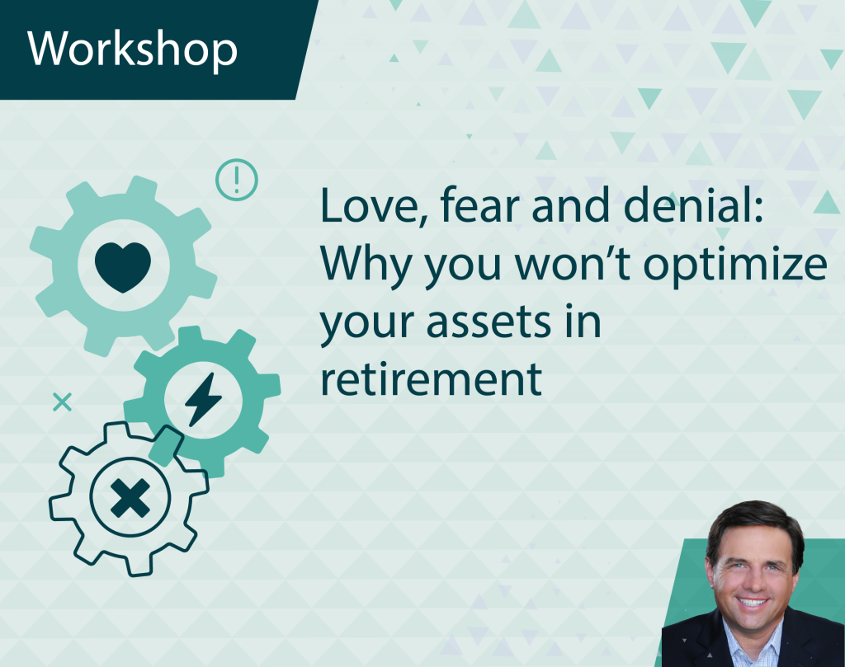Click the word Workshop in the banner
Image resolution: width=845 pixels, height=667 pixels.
coord(133,49)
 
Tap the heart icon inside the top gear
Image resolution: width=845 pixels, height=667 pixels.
coord(123,265)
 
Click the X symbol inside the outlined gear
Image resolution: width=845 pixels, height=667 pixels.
coord(130,498)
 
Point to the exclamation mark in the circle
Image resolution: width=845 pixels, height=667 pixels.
coord(236,179)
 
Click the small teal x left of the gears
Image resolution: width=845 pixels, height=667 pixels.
coord(62,402)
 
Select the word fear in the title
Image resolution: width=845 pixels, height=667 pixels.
coord(473,207)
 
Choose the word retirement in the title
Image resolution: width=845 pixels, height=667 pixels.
coord(431,379)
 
